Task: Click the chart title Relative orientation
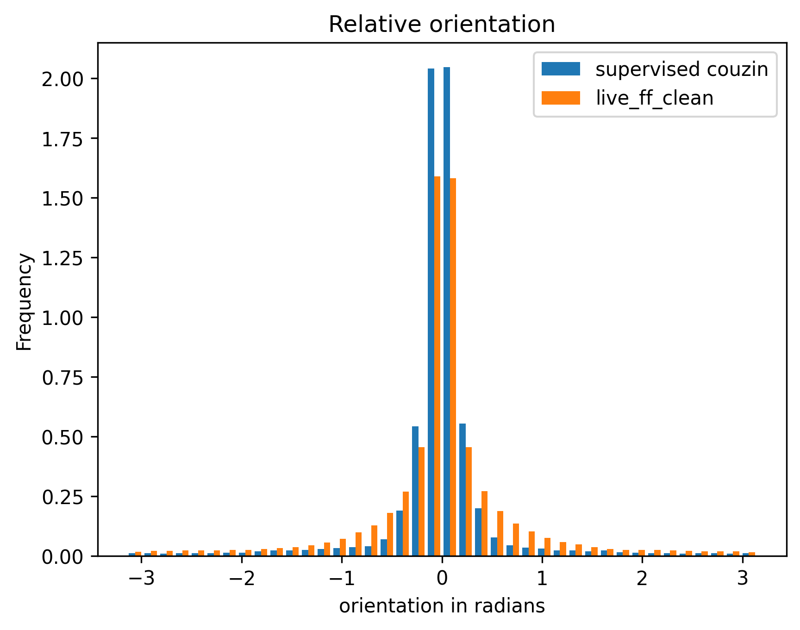click(x=442, y=25)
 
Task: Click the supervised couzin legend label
click(x=681, y=69)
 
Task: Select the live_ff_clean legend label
click(x=654, y=98)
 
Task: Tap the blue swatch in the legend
click(x=560, y=69)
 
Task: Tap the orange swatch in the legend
click(x=560, y=98)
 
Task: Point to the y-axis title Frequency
click(x=24, y=301)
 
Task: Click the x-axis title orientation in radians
click(x=442, y=606)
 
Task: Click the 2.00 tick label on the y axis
click(x=63, y=79)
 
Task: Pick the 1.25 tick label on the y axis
click(x=63, y=258)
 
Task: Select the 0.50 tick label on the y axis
click(x=63, y=437)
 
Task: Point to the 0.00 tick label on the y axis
click(x=63, y=556)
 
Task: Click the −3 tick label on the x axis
click(x=142, y=579)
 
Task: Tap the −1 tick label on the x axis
click(x=342, y=579)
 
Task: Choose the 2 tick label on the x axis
click(x=642, y=579)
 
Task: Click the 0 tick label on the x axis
click(x=442, y=579)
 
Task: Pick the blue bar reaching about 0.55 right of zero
click(x=462, y=491)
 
